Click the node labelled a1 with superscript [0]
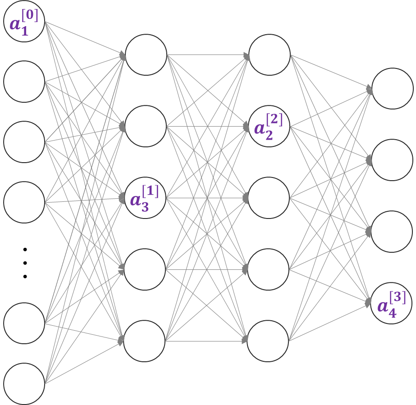[24, 21]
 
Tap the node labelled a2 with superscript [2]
[269, 126]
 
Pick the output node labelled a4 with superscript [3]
[392, 303]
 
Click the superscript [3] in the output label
[398, 298]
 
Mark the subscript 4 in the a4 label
[392, 314]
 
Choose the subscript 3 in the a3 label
[145, 208]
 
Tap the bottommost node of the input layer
[24, 384]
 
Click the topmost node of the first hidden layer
[146, 55]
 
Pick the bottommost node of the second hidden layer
[268, 341]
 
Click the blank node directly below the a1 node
[24, 82]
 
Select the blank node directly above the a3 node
[146, 126]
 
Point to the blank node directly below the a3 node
[145, 269]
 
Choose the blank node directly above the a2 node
[270, 55]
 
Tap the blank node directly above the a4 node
[392, 232]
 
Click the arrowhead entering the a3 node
[123, 198]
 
